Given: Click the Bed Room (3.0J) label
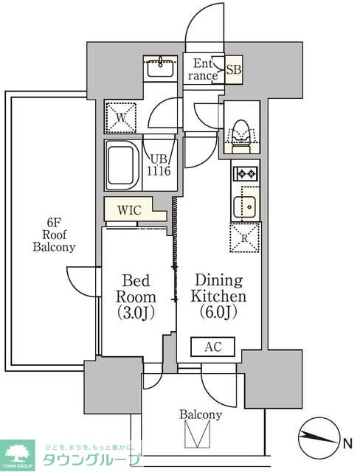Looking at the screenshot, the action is [136, 296].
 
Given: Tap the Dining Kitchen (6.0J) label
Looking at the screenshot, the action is [218, 296].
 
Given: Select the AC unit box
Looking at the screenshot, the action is [212, 347].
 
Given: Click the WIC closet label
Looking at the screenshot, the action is [129, 209].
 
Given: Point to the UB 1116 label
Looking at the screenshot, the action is [159, 164].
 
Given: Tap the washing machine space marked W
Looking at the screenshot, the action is [121, 117].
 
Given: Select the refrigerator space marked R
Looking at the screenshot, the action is [245, 237].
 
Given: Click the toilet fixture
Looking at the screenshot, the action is [240, 136].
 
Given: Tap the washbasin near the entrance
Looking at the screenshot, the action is [160, 67].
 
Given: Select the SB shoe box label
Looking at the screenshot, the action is [234, 70].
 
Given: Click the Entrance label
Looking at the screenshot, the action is [203, 69].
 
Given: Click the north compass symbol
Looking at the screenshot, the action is [319, 437].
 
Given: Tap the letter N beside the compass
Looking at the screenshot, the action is [347, 444].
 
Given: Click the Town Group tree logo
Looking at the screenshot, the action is [18, 455].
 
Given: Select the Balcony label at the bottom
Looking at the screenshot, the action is [201, 414].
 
